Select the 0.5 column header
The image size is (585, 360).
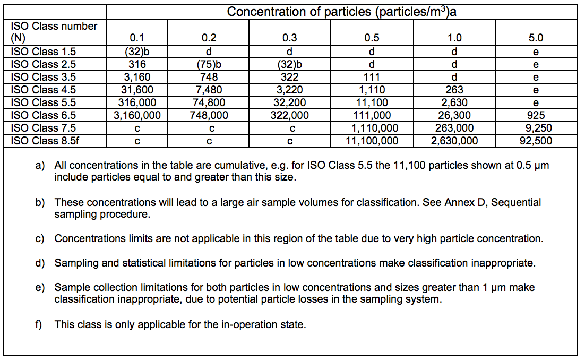(x=372, y=38)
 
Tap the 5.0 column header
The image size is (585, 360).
(x=536, y=38)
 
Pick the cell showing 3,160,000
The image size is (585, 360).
(x=137, y=115)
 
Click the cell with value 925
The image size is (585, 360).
(x=536, y=115)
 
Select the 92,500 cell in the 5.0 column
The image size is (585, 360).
(x=536, y=141)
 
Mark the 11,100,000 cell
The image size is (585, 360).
(x=372, y=141)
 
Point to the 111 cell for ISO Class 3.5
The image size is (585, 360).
(x=372, y=77)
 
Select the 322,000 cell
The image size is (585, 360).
(x=290, y=115)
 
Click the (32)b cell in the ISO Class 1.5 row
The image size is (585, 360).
(x=137, y=52)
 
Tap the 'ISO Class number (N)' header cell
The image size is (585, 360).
(x=54, y=32)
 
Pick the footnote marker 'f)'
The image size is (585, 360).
(x=39, y=324)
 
